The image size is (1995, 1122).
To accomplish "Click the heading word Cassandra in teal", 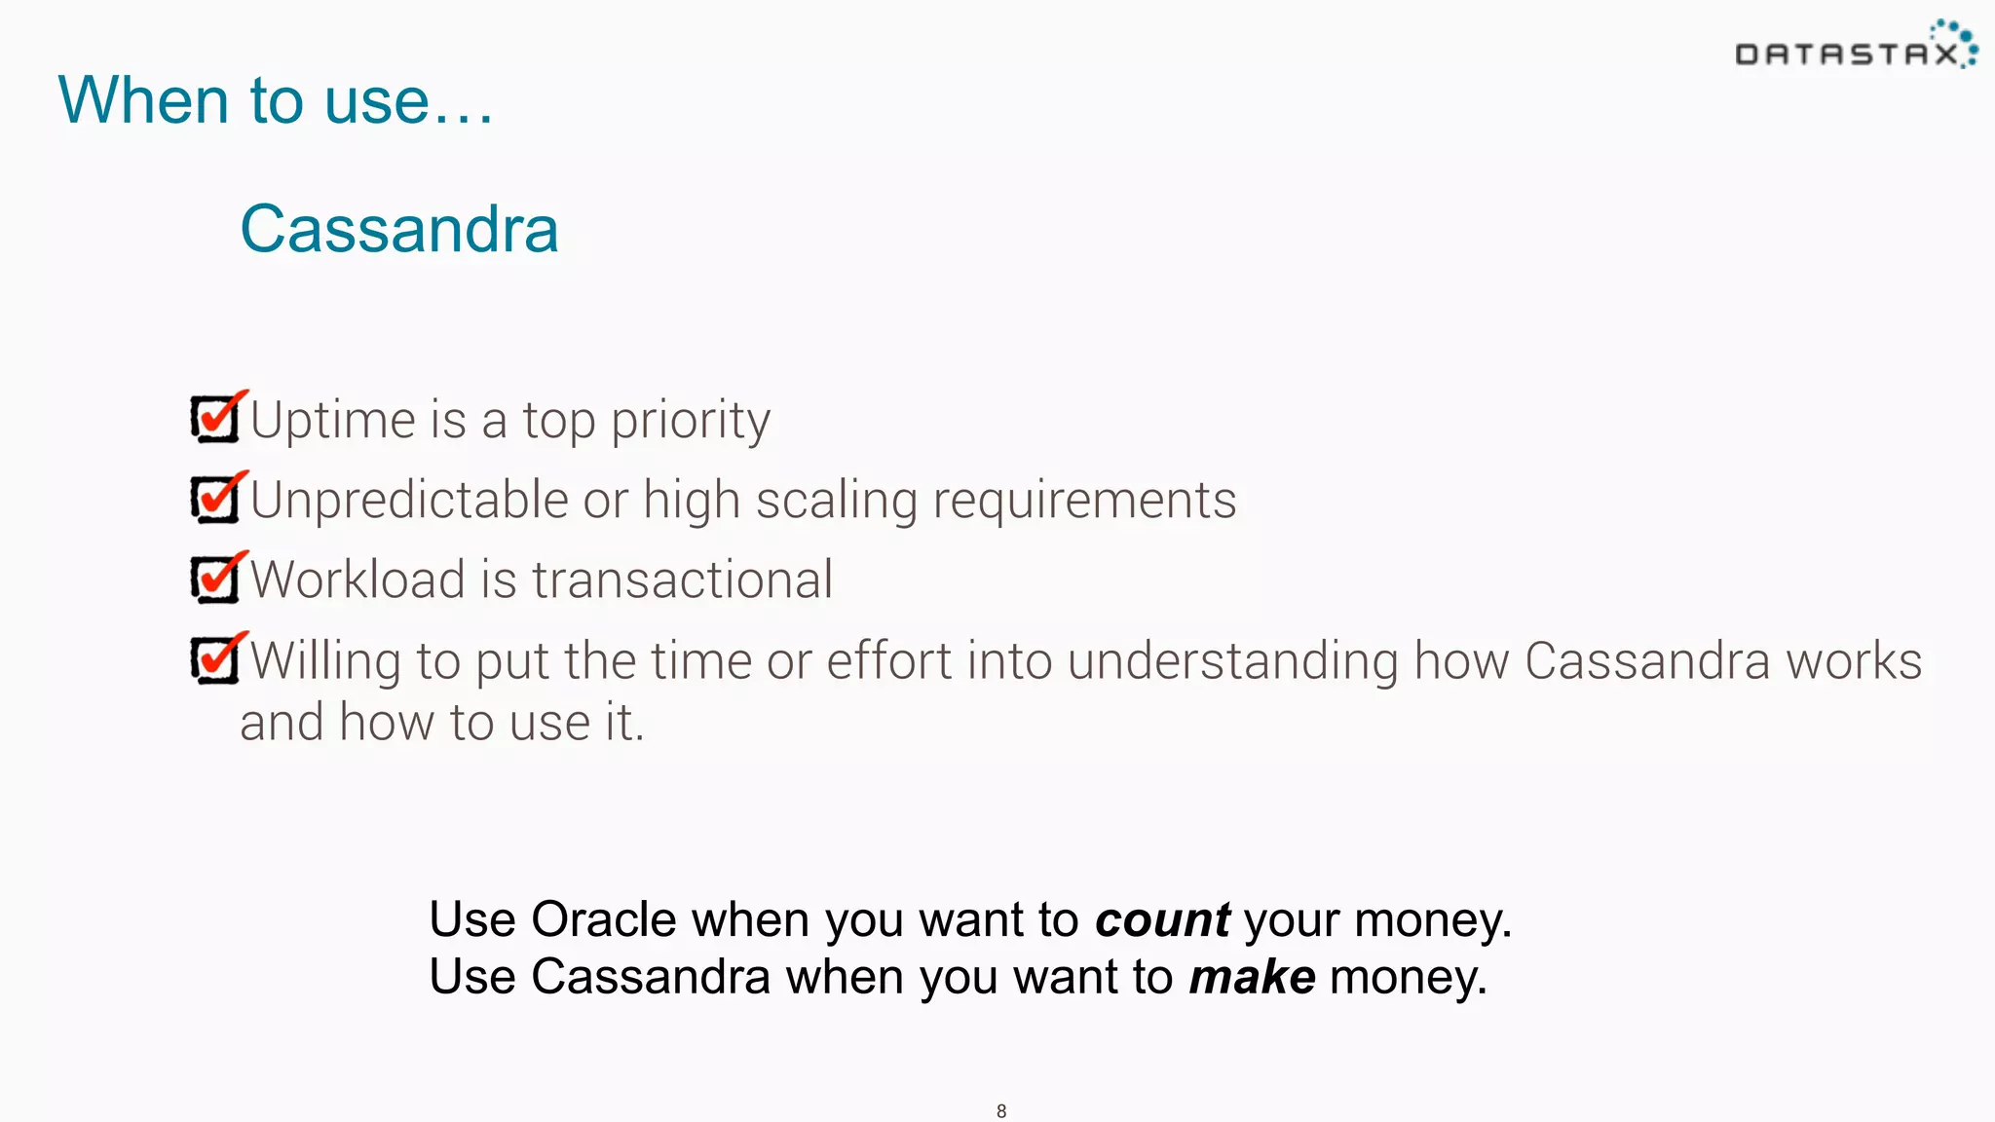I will pos(399,229).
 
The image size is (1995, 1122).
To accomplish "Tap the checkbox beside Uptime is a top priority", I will pos(215,419).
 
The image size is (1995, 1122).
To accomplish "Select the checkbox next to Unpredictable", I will pos(215,499).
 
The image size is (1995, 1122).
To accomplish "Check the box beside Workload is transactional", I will pos(215,579).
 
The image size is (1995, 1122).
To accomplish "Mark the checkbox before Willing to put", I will pos(215,659).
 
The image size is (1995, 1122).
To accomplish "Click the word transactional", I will pos(682,580).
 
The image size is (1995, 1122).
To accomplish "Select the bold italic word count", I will pos(1161,920).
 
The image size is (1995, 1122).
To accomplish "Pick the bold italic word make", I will pos(1252,977).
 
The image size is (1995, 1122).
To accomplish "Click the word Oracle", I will pos(603,919).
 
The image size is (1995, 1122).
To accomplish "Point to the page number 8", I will pos(1001,1111).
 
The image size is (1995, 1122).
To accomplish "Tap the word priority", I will pos(690,421).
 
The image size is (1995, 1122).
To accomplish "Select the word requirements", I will pos(1083,501).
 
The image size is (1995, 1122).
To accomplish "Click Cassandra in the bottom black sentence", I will pos(650,977).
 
